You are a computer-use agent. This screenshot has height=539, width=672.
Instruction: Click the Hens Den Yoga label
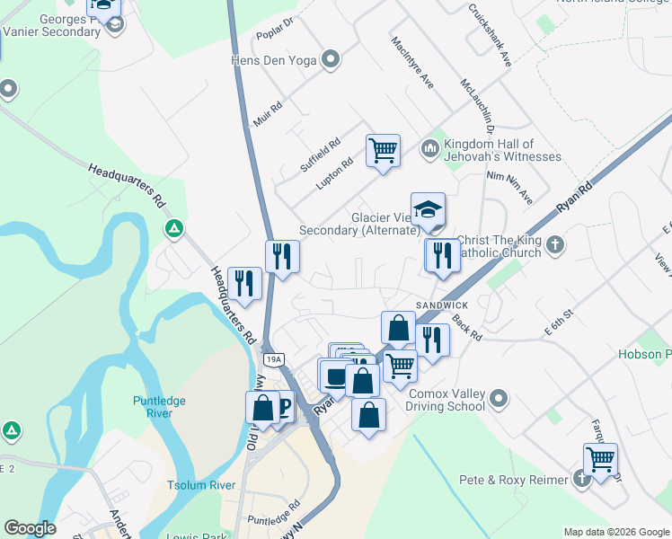pyautogui.click(x=274, y=60)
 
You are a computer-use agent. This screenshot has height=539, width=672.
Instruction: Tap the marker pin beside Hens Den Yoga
pyautogui.click(x=332, y=60)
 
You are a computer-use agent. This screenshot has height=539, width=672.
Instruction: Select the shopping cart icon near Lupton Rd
pyautogui.click(x=383, y=150)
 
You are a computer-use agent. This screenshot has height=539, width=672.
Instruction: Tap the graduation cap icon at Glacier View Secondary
pyautogui.click(x=429, y=209)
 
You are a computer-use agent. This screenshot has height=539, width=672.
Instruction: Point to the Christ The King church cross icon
pyautogui.click(x=557, y=243)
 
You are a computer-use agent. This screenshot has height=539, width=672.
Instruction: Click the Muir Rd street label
pyautogui.click(x=269, y=114)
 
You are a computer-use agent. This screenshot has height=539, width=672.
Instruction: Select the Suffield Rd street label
pyautogui.click(x=321, y=155)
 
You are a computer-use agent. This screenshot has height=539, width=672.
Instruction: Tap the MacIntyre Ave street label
pyautogui.click(x=413, y=62)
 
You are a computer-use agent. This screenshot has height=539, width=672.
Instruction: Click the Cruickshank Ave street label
pyautogui.click(x=490, y=35)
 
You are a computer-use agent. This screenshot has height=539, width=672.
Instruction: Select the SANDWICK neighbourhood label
pyautogui.click(x=440, y=305)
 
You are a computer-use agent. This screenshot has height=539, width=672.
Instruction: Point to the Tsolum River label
pyautogui.click(x=201, y=485)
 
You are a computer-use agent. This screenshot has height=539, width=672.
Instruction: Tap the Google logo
pyautogui.click(x=30, y=528)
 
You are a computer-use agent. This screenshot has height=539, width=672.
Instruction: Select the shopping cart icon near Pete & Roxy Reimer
pyautogui.click(x=600, y=459)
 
